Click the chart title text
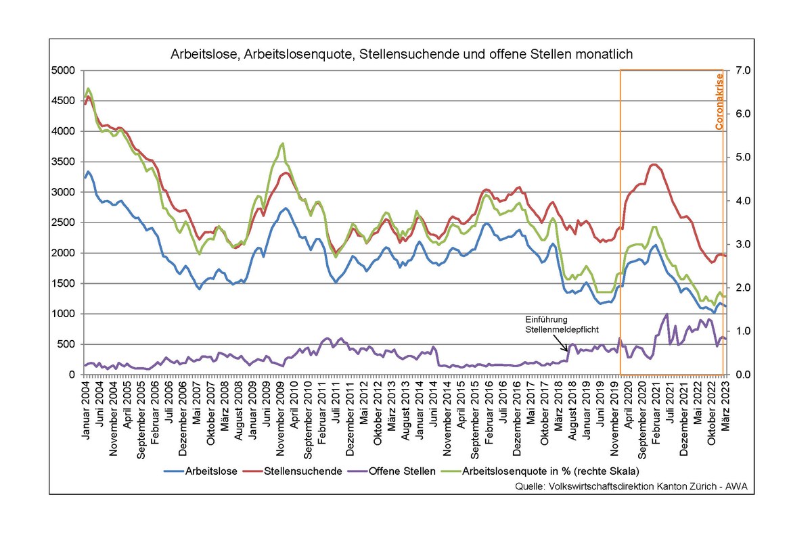[x=401, y=54]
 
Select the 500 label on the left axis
[x=70, y=344]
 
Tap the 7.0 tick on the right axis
[x=739, y=70]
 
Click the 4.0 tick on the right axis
[x=739, y=201]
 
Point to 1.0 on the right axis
[x=739, y=331]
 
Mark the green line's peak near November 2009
[x=282, y=143]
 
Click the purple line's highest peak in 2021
[x=667, y=314]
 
